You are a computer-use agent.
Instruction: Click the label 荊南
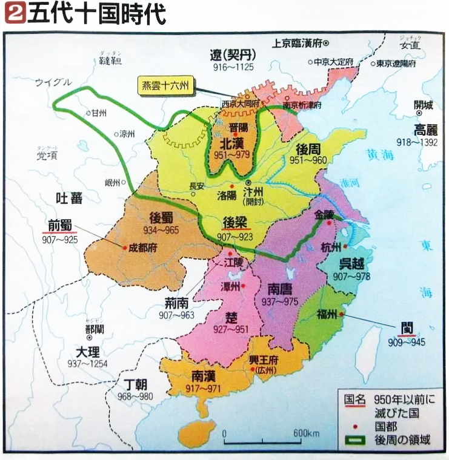tap(179, 301)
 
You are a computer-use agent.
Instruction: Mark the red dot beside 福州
tap(342, 315)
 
